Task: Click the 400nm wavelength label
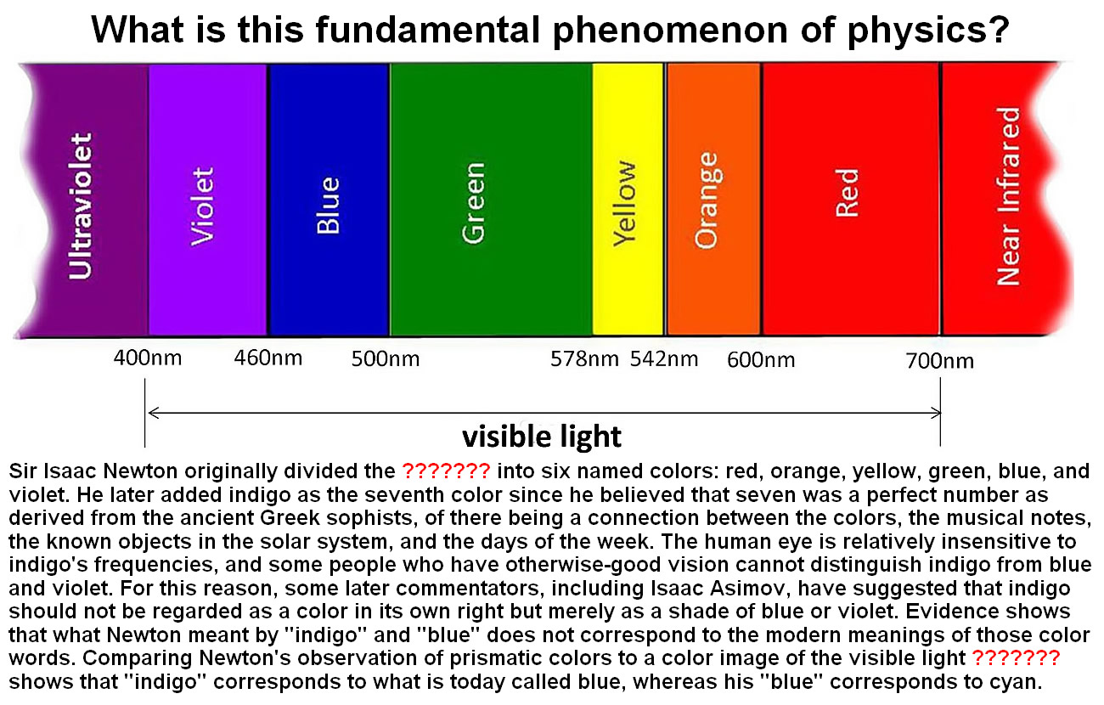click(x=148, y=358)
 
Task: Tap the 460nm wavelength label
click(x=268, y=358)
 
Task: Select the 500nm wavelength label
click(x=386, y=359)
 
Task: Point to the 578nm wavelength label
click(x=584, y=359)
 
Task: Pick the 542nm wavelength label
click(x=664, y=359)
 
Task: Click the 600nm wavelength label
click(x=761, y=360)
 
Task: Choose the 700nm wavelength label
click(x=940, y=361)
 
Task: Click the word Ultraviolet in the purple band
click(x=81, y=206)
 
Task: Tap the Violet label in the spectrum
click(x=203, y=206)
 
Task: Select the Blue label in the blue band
click(x=328, y=205)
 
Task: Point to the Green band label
click(x=474, y=203)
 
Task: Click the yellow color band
click(x=628, y=199)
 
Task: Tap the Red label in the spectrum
click(x=848, y=193)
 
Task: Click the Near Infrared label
click(x=1008, y=196)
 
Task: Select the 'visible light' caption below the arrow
click(x=542, y=437)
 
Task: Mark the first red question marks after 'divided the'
click(x=447, y=471)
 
